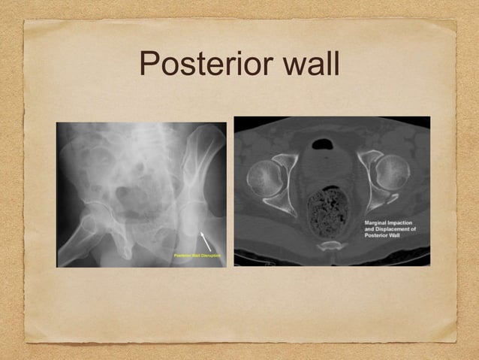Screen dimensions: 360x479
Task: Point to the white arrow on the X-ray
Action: [x=205, y=242]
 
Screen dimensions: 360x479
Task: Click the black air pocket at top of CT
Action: [x=324, y=142]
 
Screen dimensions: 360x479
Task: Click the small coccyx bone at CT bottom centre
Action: [x=330, y=245]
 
